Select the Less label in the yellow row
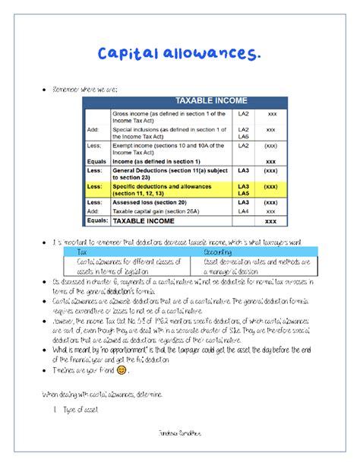[94, 185]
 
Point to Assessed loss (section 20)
[149, 202]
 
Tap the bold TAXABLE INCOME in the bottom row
[145, 221]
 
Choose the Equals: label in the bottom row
[97, 220]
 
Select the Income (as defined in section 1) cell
[156, 161]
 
